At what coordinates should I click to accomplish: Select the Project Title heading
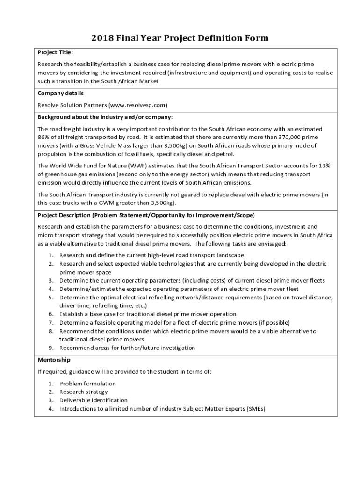click(x=55, y=52)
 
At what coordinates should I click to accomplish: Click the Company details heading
click(x=61, y=93)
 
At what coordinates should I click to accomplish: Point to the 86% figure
click(x=44, y=137)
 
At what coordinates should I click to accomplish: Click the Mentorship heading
click(x=54, y=360)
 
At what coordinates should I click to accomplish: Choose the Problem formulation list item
click(x=87, y=384)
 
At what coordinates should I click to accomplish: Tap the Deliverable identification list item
click(x=93, y=400)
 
